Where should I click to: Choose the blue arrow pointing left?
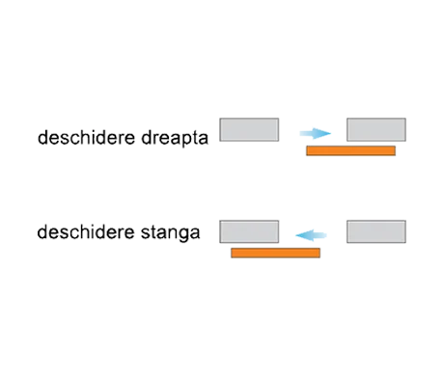pos(316,233)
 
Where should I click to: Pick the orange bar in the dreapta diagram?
pos(348,151)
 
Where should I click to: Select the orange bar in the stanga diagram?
pos(275,253)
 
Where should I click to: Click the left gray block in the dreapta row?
pos(249,129)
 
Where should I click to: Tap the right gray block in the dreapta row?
pos(376,129)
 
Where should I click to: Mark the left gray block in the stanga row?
pos(249,230)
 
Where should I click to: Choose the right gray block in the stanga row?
pos(376,230)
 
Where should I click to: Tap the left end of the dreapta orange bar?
pos(306,151)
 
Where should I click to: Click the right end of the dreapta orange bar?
pos(393,151)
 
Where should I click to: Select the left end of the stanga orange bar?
pos(233,253)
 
